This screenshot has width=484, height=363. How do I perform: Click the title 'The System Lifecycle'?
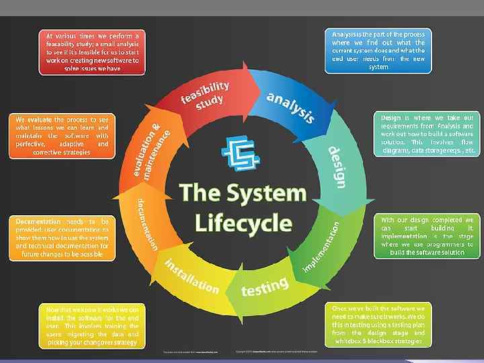[243, 208]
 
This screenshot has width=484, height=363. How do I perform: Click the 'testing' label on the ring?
[265, 286]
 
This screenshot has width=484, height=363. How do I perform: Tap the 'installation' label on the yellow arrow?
[191, 276]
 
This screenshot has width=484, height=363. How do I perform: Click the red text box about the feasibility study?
[92, 51]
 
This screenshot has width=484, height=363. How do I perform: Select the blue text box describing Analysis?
[378, 49]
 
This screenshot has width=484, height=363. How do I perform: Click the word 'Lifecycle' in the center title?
[243, 223]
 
